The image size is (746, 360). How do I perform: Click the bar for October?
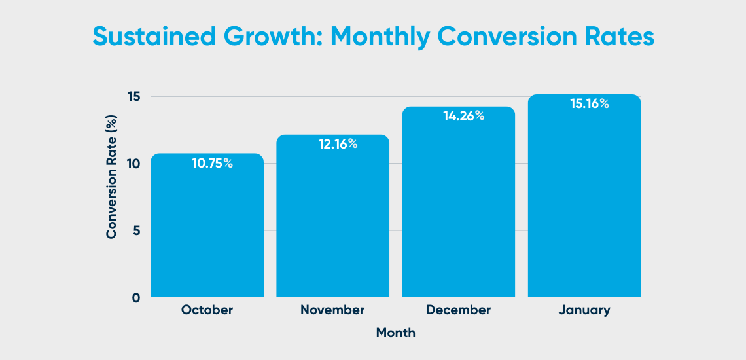click(207, 229)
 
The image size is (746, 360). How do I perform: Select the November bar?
click(332, 219)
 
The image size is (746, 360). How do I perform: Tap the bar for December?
click(458, 206)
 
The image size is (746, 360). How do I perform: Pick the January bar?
click(584, 200)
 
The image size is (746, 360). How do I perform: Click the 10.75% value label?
click(212, 164)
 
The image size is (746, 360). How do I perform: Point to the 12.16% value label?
click(338, 145)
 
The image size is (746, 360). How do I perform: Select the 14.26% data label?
click(463, 116)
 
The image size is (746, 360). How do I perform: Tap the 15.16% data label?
click(588, 103)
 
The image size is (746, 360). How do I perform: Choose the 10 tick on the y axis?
click(133, 164)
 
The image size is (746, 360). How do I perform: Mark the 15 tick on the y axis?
click(133, 97)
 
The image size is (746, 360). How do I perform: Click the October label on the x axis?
click(207, 310)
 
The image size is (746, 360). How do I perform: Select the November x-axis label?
click(332, 310)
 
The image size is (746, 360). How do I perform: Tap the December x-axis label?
click(458, 310)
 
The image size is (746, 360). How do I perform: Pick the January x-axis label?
click(584, 310)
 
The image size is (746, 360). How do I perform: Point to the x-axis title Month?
click(395, 333)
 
